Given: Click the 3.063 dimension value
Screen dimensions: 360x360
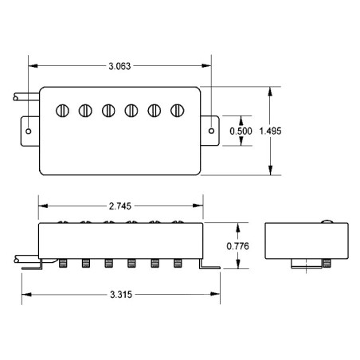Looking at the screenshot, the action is (x=119, y=66).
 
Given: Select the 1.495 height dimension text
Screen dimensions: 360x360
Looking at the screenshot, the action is (x=270, y=131).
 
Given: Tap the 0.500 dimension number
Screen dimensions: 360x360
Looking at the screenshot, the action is (x=241, y=131).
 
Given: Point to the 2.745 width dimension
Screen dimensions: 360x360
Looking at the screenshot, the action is (x=120, y=206).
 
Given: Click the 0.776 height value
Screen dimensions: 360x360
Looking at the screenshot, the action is (x=237, y=246).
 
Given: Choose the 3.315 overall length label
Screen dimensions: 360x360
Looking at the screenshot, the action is (x=121, y=295).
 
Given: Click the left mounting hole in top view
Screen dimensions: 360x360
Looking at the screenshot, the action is (x=29, y=131).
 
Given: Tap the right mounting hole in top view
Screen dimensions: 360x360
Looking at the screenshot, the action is (x=211, y=131).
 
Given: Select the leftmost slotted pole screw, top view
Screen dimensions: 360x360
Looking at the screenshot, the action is (x=62, y=111).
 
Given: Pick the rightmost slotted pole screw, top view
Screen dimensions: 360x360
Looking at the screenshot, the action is (x=178, y=111).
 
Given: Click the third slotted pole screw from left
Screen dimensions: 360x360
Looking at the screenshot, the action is (x=108, y=111).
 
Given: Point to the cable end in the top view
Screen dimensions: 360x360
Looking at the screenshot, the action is (x=16, y=97).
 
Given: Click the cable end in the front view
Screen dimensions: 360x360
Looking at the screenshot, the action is (x=17, y=259).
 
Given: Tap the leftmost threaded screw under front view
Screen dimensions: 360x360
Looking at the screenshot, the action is (x=63, y=264).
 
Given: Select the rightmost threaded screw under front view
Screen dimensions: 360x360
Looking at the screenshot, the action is (x=178, y=264).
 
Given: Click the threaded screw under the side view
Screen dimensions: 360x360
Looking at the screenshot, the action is (x=327, y=264).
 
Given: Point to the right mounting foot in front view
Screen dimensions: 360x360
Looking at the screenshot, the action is (x=209, y=265).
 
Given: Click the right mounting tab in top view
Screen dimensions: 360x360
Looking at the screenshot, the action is (x=209, y=131).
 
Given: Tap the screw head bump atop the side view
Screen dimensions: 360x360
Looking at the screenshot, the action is (x=327, y=221).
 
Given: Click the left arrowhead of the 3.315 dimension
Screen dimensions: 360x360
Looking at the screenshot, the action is (x=26, y=295).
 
